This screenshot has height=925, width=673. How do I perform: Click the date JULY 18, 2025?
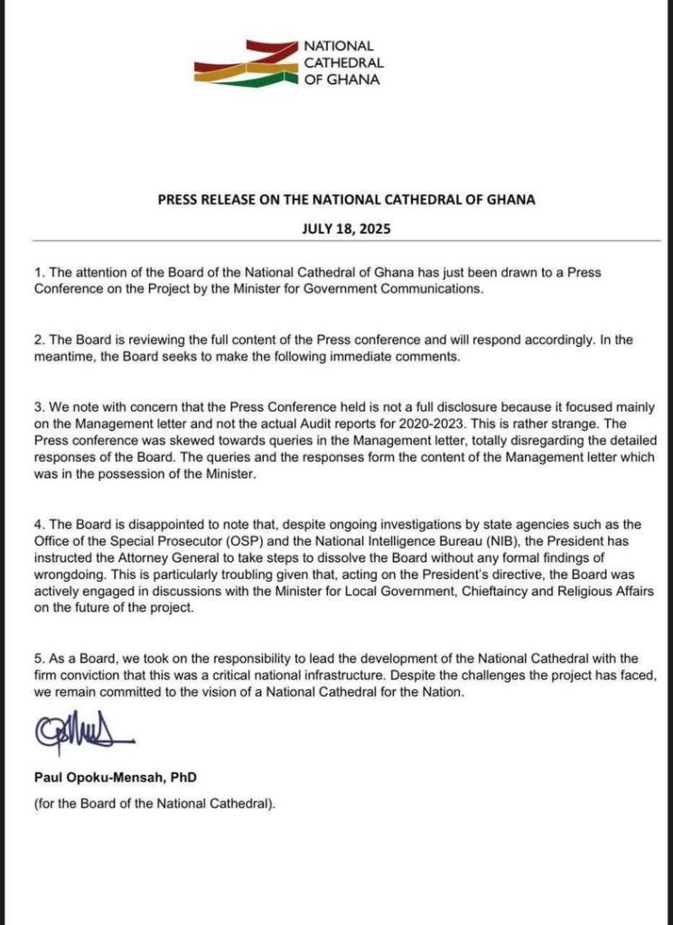tap(336, 229)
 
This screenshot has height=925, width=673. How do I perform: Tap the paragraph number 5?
tap(37, 658)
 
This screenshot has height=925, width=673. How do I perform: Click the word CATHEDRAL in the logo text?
tap(344, 62)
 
